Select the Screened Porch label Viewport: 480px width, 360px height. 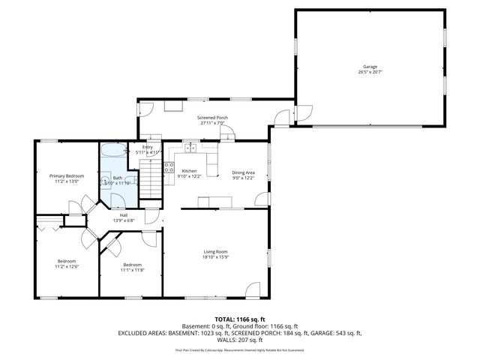pyautogui.click(x=212, y=117)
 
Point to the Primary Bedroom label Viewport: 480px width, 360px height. pyautogui.click(x=67, y=175)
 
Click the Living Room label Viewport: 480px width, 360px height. pyautogui.click(x=216, y=251)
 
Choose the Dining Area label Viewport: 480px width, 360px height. pyautogui.click(x=244, y=172)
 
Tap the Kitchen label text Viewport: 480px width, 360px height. pyautogui.click(x=189, y=171)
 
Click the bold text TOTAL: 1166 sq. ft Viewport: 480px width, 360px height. pyautogui.click(x=239, y=319)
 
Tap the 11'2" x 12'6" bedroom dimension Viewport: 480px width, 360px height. pyautogui.click(x=67, y=267)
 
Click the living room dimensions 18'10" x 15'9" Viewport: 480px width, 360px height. pyautogui.click(x=216, y=257)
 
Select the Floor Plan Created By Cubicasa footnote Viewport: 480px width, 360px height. pyautogui.click(x=239, y=349)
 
